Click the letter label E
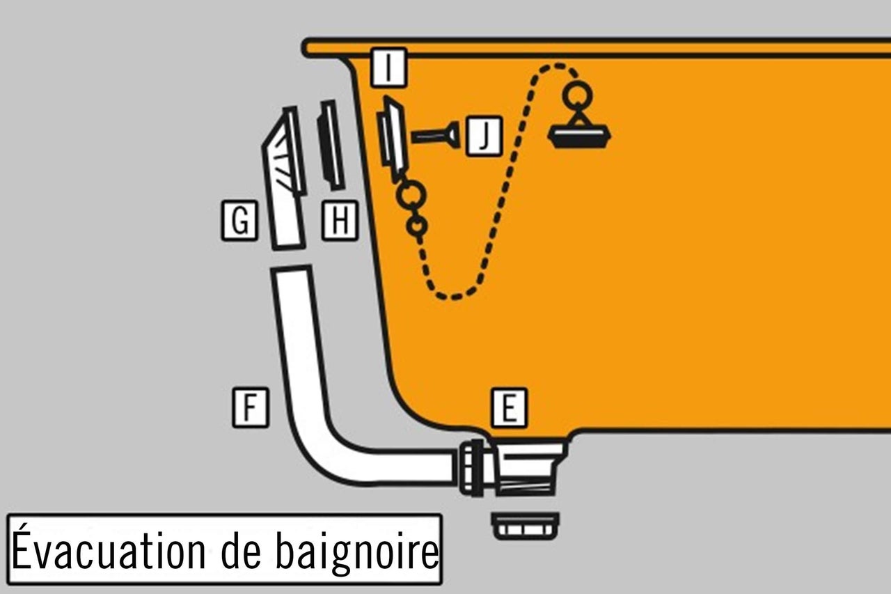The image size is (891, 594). pos(509,408)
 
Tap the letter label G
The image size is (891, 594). pos(239,222)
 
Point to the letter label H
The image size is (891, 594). pos(340,222)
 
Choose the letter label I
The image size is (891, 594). pos(388,68)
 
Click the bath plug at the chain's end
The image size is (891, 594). pos(580,136)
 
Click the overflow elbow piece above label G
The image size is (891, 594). pos(284,174)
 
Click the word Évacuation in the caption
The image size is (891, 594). pos(108,550)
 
